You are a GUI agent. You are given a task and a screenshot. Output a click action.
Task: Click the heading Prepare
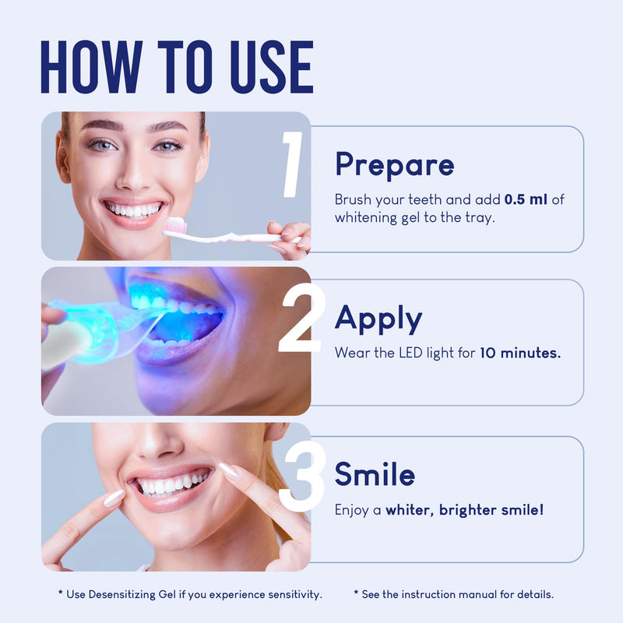pyautogui.click(x=394, y=165)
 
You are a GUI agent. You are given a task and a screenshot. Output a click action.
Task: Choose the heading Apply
pyautogui.click(x=378, y=319)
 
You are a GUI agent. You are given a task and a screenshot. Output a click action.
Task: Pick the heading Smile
pyautogui.click(x=375, y=474)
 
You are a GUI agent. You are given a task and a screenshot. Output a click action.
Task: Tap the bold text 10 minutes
pyautogui.click(x=519, y=353)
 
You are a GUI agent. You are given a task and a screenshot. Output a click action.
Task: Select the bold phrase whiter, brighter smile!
pyautogui.click(x=465, y=510)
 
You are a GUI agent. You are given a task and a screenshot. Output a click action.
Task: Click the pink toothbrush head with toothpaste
pyautogui.click(x=173, y=226)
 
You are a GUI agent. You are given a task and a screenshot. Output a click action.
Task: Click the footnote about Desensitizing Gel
pyautogui.click(x=190, y=594)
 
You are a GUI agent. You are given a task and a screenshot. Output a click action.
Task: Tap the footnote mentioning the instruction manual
pyautogui.click(x=453, y=594)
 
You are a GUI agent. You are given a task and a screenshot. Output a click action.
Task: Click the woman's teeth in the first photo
pyautogui.click(x=134, y=209)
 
